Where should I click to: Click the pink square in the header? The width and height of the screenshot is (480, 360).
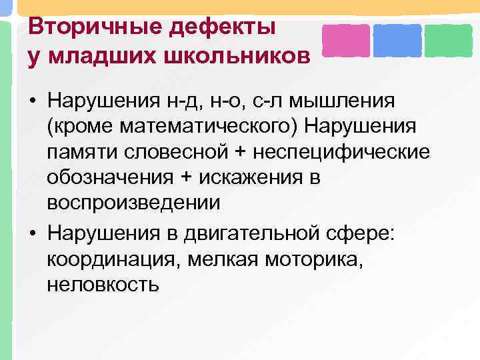[x=346, y=41]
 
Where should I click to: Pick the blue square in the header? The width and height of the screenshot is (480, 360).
[x=397, y=41]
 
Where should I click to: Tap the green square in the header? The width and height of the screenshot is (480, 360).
[x=448, y=41]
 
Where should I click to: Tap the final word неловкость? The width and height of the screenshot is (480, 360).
[x=103, y=285]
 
